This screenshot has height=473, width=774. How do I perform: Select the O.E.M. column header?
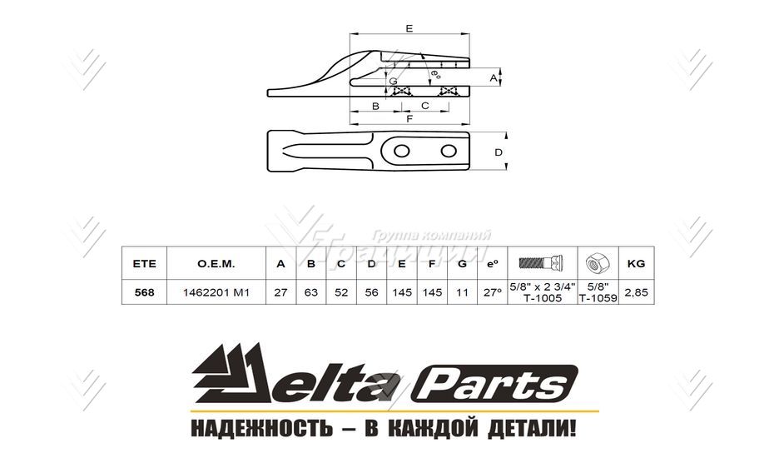pyautogui.click(x=216, y=263)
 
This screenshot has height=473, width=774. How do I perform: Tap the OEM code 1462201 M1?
pyautogui.click(x=216, y=292)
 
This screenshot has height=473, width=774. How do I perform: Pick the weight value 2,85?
pyautogui.click(x=636, y=292)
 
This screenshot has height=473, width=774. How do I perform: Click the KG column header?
pyautogui.click(x=636, y=263)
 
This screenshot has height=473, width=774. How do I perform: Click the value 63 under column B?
pyautogui.click(x=311, y=292)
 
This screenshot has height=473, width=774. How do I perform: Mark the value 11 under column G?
pyautogui.click(x=462, y=292)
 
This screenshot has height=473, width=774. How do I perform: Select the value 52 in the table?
pyautogui.click(x=341, y=292)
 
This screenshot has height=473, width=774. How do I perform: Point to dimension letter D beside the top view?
pyautogui.click(x=499, y=152)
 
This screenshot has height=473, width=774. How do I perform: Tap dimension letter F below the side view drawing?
pyautogui.click(x=409, y=119)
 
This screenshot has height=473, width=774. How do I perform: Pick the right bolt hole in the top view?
pyautogui.click(x=450, y=151)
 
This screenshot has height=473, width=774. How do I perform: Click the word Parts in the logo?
pyautogui.click(x=497, y=386)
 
